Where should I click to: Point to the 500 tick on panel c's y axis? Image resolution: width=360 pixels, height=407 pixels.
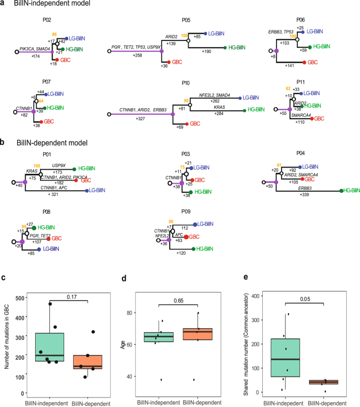(x=19, y=298)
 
